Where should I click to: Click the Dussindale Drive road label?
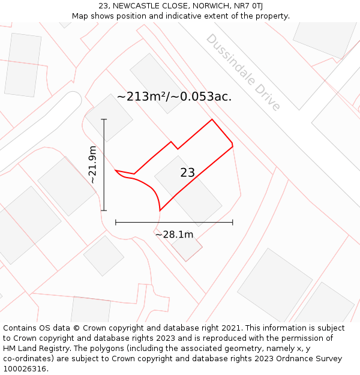pos(243,72)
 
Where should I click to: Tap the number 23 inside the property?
pos(187,173)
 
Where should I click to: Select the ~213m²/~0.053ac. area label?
pos(174,97)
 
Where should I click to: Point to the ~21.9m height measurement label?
pos(92,164)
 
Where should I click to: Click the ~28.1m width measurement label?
pos(174,235)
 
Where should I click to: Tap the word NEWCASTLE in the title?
pos(135,6)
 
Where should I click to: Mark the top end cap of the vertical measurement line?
pos(104,119)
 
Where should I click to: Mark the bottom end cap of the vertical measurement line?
pos(104,211)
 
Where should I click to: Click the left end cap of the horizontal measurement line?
pos(116,223)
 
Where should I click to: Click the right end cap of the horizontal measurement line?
pos(233,223)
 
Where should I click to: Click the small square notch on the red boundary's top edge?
pos(174,145)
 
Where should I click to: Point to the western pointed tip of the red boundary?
pos(116,170)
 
